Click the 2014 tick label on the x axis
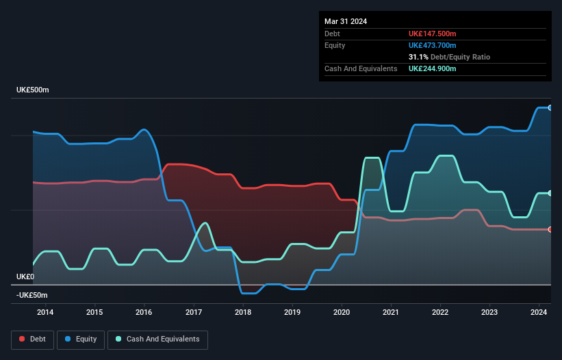(45, 312)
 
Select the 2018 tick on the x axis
(242, 312)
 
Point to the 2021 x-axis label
(390, 312)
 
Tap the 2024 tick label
(539, 312)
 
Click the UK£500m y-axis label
(33, 90)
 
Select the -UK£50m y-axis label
(32, 295)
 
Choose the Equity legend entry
(81, 339)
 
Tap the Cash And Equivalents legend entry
(157, 339)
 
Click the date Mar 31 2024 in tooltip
(346, 21)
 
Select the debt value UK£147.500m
(433, 34)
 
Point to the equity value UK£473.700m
(433, 45)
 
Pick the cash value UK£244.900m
(433, 68)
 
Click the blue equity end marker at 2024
(550, 107)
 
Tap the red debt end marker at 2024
(550, 229)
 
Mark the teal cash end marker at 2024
(550, 193)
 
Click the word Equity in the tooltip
(335, 45)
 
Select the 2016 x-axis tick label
(144, 312)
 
